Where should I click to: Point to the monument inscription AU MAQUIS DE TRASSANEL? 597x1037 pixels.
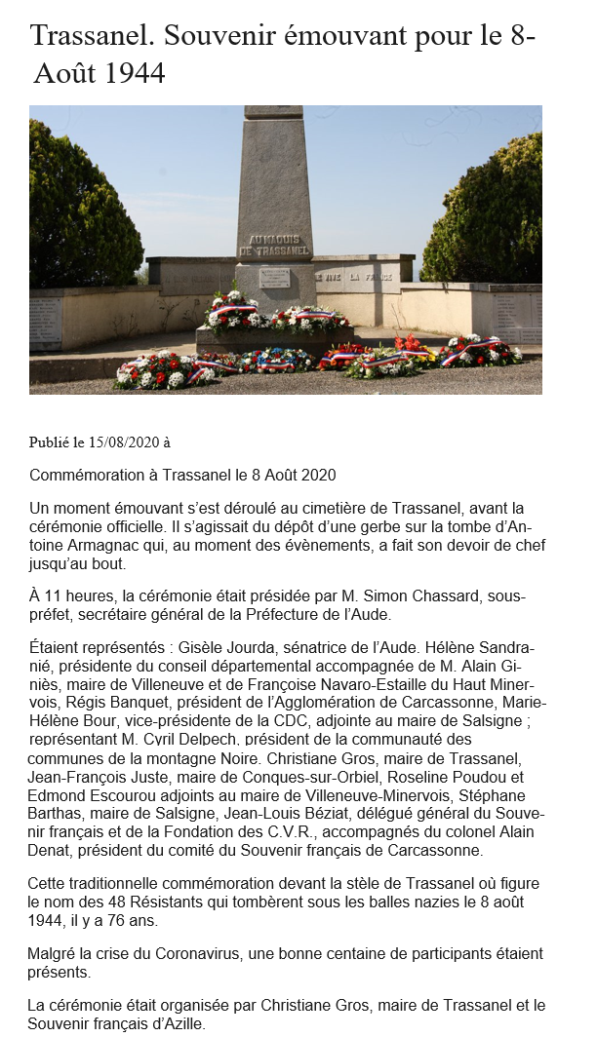tap(274, 245)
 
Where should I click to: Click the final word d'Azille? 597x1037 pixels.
tap(177, 1023)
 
